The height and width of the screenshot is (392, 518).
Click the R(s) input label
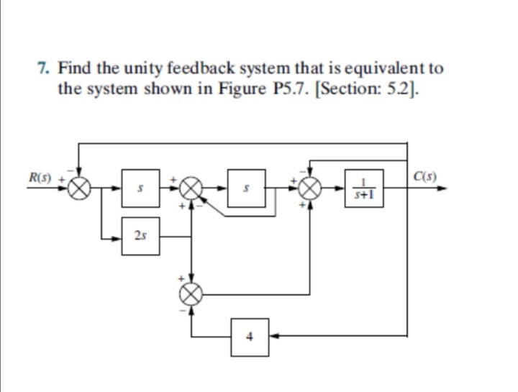click(37, 177)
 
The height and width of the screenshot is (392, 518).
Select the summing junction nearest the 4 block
click(191, 293)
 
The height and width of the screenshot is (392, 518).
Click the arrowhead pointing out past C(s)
click(447, 190)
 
